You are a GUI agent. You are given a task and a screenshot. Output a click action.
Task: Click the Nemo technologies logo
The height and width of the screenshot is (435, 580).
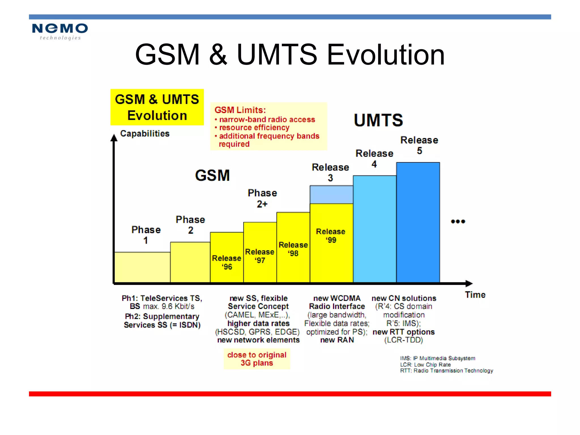60,31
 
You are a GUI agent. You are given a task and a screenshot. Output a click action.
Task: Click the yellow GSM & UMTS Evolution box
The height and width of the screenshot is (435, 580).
157,107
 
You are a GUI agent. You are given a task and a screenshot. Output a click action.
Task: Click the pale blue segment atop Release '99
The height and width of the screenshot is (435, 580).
331,195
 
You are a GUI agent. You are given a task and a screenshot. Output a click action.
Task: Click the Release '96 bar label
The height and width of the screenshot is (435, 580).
227,262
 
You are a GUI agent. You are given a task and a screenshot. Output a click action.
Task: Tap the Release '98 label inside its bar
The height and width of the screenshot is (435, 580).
293,249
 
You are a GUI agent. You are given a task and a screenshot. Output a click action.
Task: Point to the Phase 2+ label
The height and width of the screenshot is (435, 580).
262,198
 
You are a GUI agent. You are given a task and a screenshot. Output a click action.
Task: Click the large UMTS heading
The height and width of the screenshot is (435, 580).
378,120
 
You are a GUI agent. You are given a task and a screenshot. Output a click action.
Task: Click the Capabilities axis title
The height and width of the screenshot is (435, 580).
145,133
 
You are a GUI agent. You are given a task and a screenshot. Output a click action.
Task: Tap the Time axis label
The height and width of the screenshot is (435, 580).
475,295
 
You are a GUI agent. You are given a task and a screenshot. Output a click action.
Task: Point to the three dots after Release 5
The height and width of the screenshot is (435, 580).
458,221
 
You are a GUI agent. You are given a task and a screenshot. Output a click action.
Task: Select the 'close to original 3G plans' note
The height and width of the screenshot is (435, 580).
257,359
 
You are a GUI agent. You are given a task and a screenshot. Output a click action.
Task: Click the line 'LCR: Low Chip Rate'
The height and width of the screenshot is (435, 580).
425,364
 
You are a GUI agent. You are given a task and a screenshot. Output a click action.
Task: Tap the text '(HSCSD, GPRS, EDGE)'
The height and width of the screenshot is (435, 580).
257,332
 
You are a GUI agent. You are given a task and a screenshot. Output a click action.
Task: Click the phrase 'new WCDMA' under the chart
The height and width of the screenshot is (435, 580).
337,298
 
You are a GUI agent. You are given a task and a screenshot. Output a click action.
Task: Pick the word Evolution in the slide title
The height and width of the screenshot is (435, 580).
386,55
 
